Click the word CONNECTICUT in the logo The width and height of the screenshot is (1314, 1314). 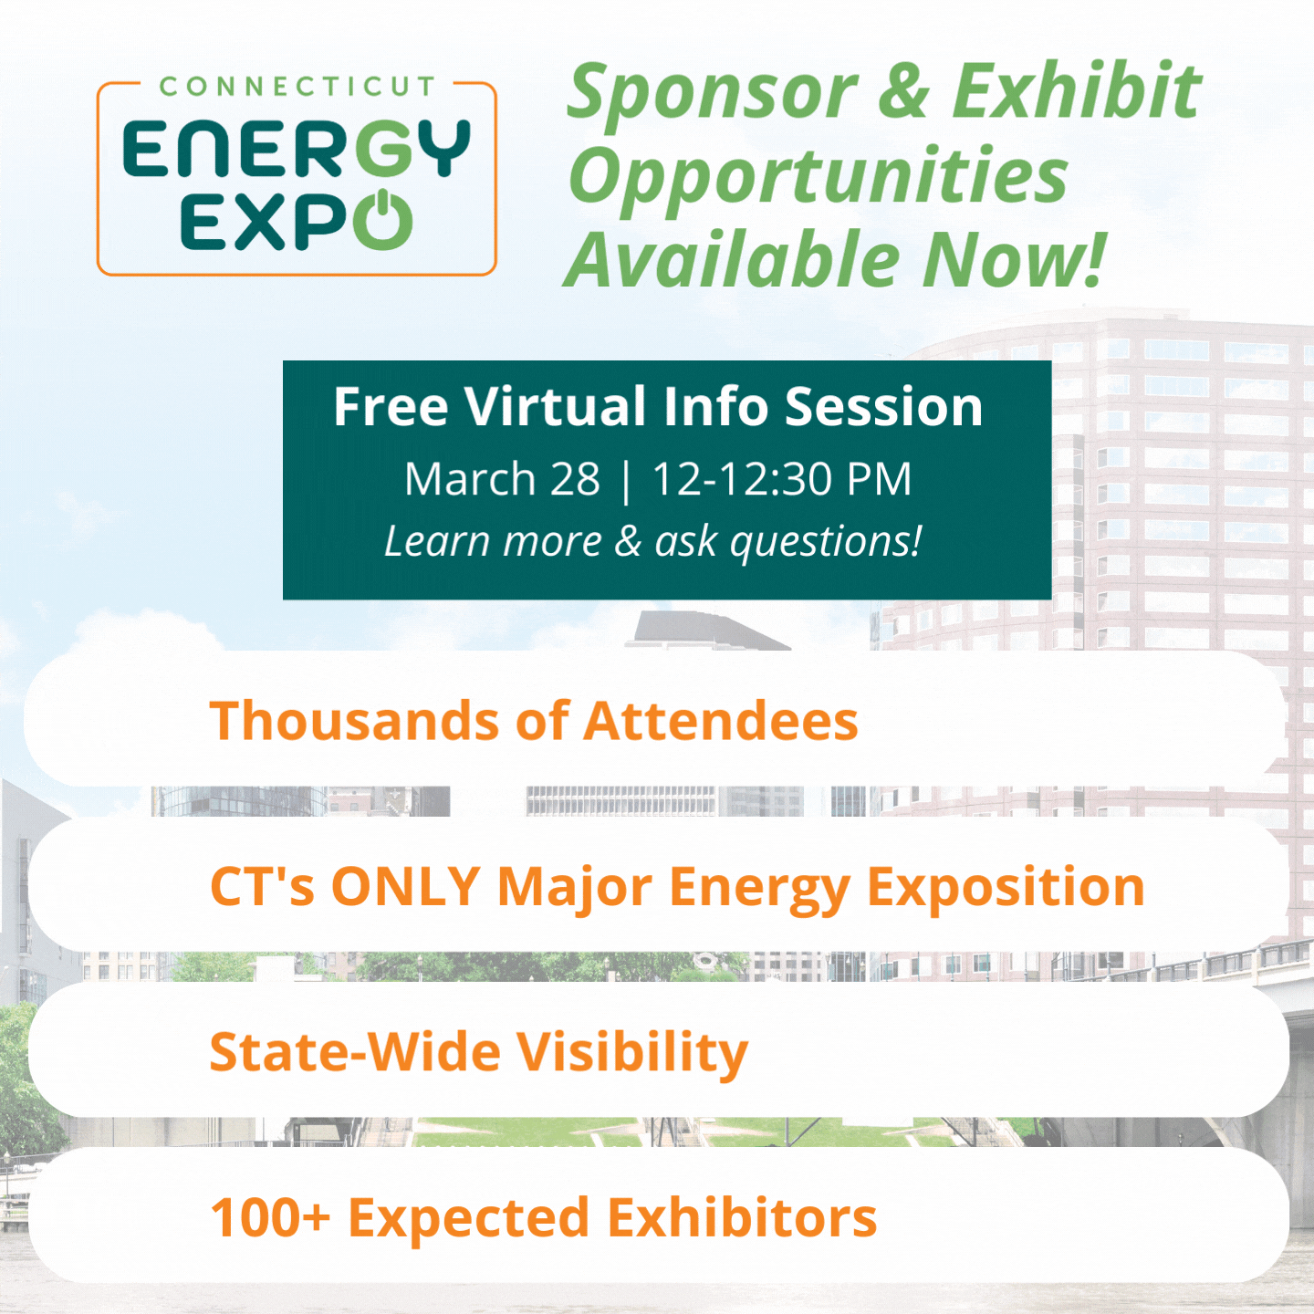click(297, 87)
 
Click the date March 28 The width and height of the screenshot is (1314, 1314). click(502, 479)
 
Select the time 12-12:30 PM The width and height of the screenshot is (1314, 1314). click(782, 479)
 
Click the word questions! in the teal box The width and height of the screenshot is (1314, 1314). click(826, 543)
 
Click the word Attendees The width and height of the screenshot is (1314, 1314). click(720, 720)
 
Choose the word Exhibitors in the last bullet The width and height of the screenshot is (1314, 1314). click(742, 1216)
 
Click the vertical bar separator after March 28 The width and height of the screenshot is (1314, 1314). click(627, 480)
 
